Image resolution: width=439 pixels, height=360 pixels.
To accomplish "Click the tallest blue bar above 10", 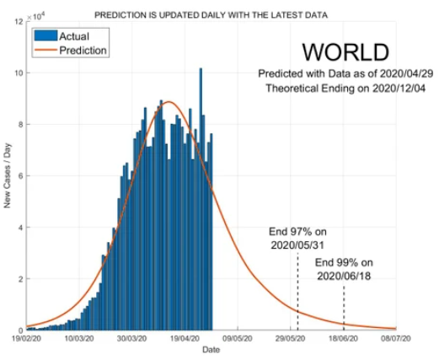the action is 201,199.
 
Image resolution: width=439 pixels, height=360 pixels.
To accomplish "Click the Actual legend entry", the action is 62,36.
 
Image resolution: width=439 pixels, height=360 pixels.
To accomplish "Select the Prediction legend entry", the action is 70,51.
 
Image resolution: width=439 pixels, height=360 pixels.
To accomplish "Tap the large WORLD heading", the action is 345,52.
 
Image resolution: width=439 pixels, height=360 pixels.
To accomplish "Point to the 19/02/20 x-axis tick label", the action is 26,338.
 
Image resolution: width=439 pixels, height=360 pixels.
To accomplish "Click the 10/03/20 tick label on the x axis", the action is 79,338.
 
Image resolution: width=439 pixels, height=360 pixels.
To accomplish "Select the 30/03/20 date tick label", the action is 131,338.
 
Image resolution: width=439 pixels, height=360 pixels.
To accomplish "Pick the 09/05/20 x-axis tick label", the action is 238,338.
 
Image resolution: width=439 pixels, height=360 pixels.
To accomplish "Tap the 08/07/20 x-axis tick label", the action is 396,338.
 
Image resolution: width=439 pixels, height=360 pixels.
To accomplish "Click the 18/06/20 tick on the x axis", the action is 343,338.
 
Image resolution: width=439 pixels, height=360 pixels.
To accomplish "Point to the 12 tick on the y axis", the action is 19,22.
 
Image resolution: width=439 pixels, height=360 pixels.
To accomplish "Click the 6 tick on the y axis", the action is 20,176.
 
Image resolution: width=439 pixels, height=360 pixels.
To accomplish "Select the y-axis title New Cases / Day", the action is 7,175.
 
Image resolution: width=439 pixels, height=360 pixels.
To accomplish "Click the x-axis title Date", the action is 211,350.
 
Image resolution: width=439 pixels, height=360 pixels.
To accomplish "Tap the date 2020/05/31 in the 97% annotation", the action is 297,245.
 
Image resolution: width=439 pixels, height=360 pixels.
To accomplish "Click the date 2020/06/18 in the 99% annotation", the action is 344,276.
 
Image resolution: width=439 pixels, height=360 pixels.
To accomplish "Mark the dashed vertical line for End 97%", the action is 297,291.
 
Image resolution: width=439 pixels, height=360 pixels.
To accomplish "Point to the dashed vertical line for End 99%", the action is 344,308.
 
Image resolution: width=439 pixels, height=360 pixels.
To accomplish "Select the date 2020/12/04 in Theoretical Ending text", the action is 399,89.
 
